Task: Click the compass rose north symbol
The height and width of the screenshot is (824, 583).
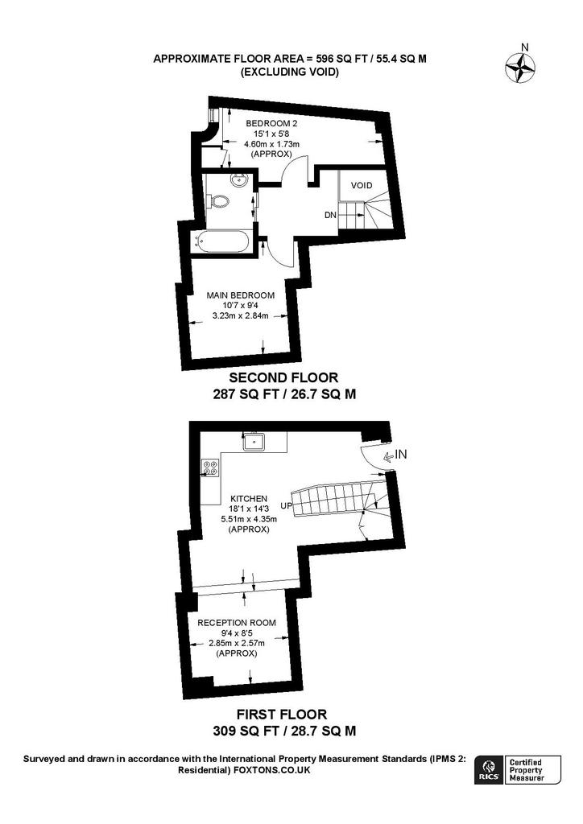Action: click(x=520, y=65)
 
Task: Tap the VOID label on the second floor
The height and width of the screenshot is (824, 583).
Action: click(x=362, y=186)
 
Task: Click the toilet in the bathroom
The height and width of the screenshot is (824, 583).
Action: click(x=220, y=201)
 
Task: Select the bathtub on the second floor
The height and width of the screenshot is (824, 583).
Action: click(x=221, y=242)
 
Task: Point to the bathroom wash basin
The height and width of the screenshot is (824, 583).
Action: click(x=238, y=181)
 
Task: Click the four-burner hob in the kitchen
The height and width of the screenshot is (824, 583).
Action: click(x=211, y=468)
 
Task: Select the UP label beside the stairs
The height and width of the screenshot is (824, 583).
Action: click(x=286, y=506)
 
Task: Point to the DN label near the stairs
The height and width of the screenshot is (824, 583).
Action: click(x=330, y=215)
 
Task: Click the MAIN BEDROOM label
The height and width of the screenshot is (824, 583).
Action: click(x=240, y=295)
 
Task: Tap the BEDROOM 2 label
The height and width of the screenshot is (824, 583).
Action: click(x=272, y=123)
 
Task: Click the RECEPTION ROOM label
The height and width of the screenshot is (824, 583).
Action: click(x=237, y=623)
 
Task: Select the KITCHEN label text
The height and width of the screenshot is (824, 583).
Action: click(x=249, y=498)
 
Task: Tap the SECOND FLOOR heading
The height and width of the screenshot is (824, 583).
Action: click(x=283, y=377)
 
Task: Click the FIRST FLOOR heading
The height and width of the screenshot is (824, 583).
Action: click(x=282, y=715)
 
